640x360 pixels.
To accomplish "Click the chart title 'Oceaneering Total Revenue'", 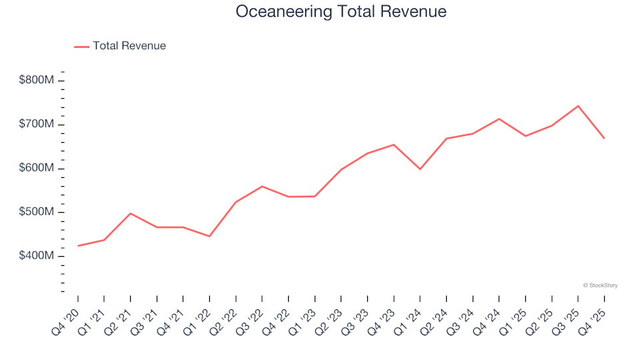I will pos(341,12).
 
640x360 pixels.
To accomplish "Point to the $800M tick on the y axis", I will pos(37,81).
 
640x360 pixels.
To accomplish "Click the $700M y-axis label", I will pos(37,125).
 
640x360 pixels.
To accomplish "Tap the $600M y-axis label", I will pos(37,169).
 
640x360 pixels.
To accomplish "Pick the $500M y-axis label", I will pos(37,213).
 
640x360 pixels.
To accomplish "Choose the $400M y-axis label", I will pos(37,257).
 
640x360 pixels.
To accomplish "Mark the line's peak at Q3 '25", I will pos(578,106).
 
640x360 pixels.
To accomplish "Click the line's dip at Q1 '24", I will pos(420,169).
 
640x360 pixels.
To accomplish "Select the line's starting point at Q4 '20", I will pos(78,246).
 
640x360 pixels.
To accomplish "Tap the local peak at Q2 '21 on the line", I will pos(131,213).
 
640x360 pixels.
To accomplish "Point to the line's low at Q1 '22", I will pos(209,236).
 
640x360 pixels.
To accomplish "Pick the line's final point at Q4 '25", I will pos(604,138).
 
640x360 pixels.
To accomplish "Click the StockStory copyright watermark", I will pos(600,285).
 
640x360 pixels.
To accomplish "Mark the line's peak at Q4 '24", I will pos(499,119).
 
